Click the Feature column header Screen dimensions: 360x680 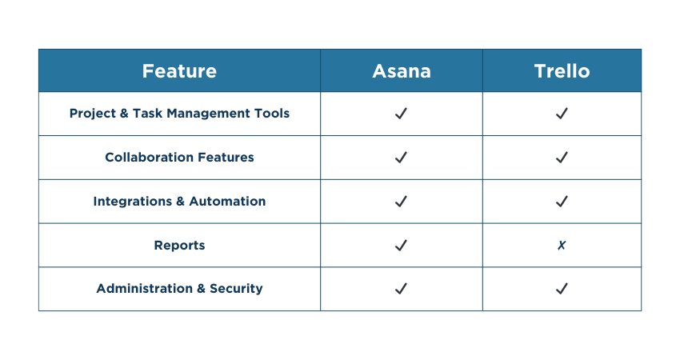click(179, 71)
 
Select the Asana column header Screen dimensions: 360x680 click(402, 71)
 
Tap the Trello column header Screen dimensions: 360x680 click(562, 71)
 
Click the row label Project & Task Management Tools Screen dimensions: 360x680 click(179, 114)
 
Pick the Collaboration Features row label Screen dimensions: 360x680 click(179, 158)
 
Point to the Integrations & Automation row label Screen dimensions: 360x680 click(179, 202)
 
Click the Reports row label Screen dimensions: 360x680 click(179, 246)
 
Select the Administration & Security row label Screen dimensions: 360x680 click(179, 289)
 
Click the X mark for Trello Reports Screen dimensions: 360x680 click(562, 246)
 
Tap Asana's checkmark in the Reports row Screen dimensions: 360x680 click(402, 246)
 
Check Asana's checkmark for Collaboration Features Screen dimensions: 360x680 click(402, 158)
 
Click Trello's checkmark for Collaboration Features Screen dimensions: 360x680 click(562, 158)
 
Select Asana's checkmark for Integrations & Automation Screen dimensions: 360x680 click(402, 202)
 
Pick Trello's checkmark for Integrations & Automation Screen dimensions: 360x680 click(562, 202)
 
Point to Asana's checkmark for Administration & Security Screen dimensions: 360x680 click(402, 289)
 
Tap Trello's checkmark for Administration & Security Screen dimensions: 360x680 click(562, 289)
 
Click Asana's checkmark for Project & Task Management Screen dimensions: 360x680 click(402, 114)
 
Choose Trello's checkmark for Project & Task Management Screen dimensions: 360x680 click(562, 114)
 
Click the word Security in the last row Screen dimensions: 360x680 click(236, 289)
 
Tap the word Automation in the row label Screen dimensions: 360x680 click(227, 202)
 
